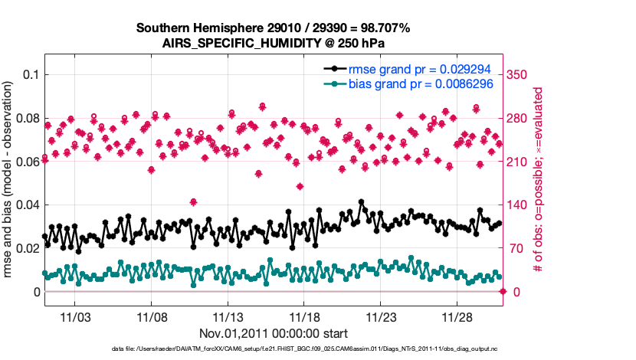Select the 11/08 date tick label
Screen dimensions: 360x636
(x=152, y=317)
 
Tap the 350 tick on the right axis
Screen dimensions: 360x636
(x=523, y=75)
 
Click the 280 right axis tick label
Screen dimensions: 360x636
(x=523, y=119)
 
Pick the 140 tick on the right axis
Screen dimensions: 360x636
(x=523, y=205)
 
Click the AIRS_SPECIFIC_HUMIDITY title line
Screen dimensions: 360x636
(x=273, y=43)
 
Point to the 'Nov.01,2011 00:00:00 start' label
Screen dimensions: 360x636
(x=273, y=333)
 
